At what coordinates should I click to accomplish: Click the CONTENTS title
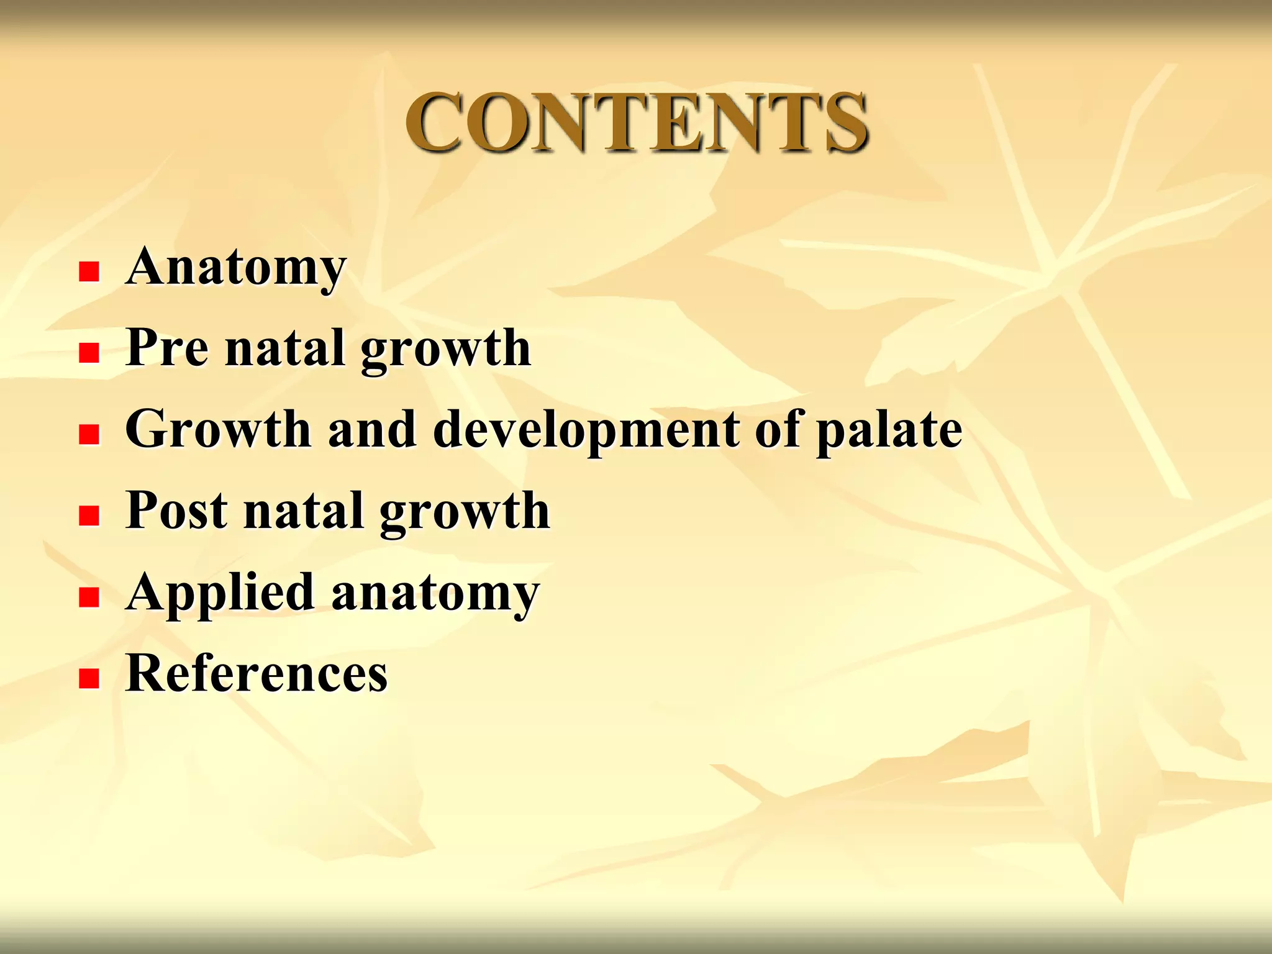637,122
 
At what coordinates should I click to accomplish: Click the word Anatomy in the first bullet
235,267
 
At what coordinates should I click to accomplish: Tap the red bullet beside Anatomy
89,271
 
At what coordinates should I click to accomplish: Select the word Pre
166,348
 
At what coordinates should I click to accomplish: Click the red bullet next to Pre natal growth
89,353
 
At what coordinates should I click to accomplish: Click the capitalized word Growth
217,429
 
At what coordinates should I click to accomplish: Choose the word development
586,430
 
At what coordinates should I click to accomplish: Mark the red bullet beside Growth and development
89,434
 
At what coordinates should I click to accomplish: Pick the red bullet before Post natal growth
89,516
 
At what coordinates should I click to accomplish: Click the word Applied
220,593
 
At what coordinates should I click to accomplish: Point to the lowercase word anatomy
435,594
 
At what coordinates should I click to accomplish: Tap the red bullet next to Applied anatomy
89,597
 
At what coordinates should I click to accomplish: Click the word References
257,674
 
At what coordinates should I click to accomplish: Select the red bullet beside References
89,679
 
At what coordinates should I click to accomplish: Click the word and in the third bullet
372,429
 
